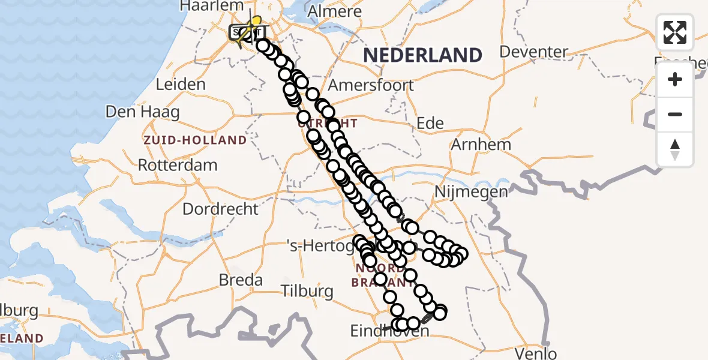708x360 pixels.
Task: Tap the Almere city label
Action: pyautogui.click(x=334, y=11)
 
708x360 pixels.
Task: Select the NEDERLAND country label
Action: pyautogui.click(x=422, y=55)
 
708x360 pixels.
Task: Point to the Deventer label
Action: pyautogui.click(x=533, y=52)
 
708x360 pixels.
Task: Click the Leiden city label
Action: pyautogui.click(x=180, y=84)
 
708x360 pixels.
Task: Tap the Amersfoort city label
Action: pyautogui.click(x=379, y=85)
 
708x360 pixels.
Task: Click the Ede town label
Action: pyautogui.click(x=430, y=124)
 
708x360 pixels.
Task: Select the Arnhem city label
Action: pyautogui.click(x=481, y=144)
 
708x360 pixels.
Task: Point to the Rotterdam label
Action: pyautogui.click(x=178, y=165)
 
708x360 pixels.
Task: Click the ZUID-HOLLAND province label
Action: pyautogui.click(x=195, y=140)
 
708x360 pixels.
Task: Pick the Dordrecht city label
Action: pyautogui.click(x=220, y=209)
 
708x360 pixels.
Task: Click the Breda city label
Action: pyautogui.click(x=241, y=280)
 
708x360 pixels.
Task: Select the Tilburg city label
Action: pyautogui.click(x=307, y=292)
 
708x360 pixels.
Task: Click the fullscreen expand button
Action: pyautogui.click(x=675, y=32)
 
